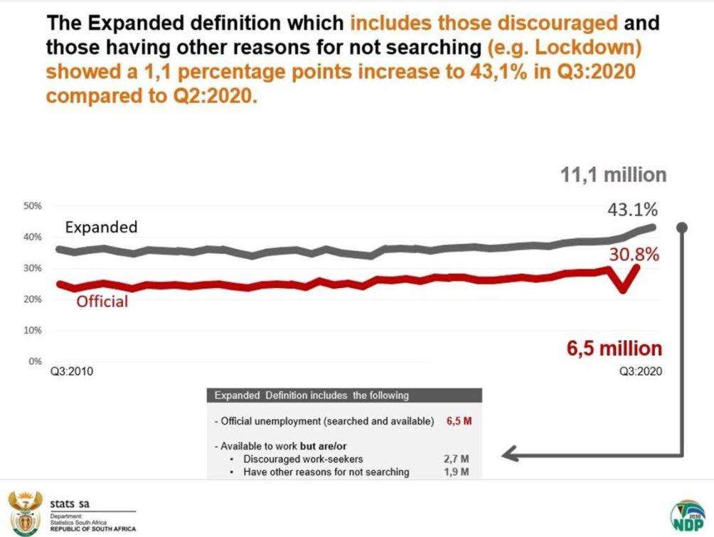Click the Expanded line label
pos(101,228)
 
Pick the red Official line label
pos(102,302)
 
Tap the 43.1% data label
pos(632,210)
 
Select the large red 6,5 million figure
pos(614,349)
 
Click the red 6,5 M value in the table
pos(459,422)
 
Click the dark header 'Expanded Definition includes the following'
pos(311,395)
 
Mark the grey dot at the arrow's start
pos(681,228)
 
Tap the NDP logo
pos(687,514)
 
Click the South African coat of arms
pos(25,511)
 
